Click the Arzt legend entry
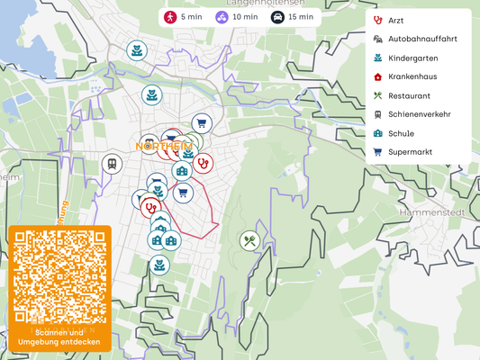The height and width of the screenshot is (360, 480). pos(395,21)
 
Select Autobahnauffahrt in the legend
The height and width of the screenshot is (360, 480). pos(421,40)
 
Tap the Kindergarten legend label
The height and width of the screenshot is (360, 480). pos(413,58)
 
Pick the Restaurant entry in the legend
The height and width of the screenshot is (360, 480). pos(409,95)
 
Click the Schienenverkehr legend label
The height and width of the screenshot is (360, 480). pos(419,114)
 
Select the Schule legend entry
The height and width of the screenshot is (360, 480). pos(402,133)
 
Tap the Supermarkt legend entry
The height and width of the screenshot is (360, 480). pos(410,152)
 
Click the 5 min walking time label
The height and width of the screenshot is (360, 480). pos(182,17)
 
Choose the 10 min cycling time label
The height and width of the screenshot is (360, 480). pos(236,17)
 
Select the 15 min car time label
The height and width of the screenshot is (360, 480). pos(293,17)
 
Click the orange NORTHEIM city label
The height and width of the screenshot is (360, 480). pos(164,146)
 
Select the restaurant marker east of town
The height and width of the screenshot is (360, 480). pos(249,240)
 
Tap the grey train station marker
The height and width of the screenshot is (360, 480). pos(112,164)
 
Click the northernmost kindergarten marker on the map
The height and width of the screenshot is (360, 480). pos(136,50)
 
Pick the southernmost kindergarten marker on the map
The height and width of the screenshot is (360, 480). pos(159,265)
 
